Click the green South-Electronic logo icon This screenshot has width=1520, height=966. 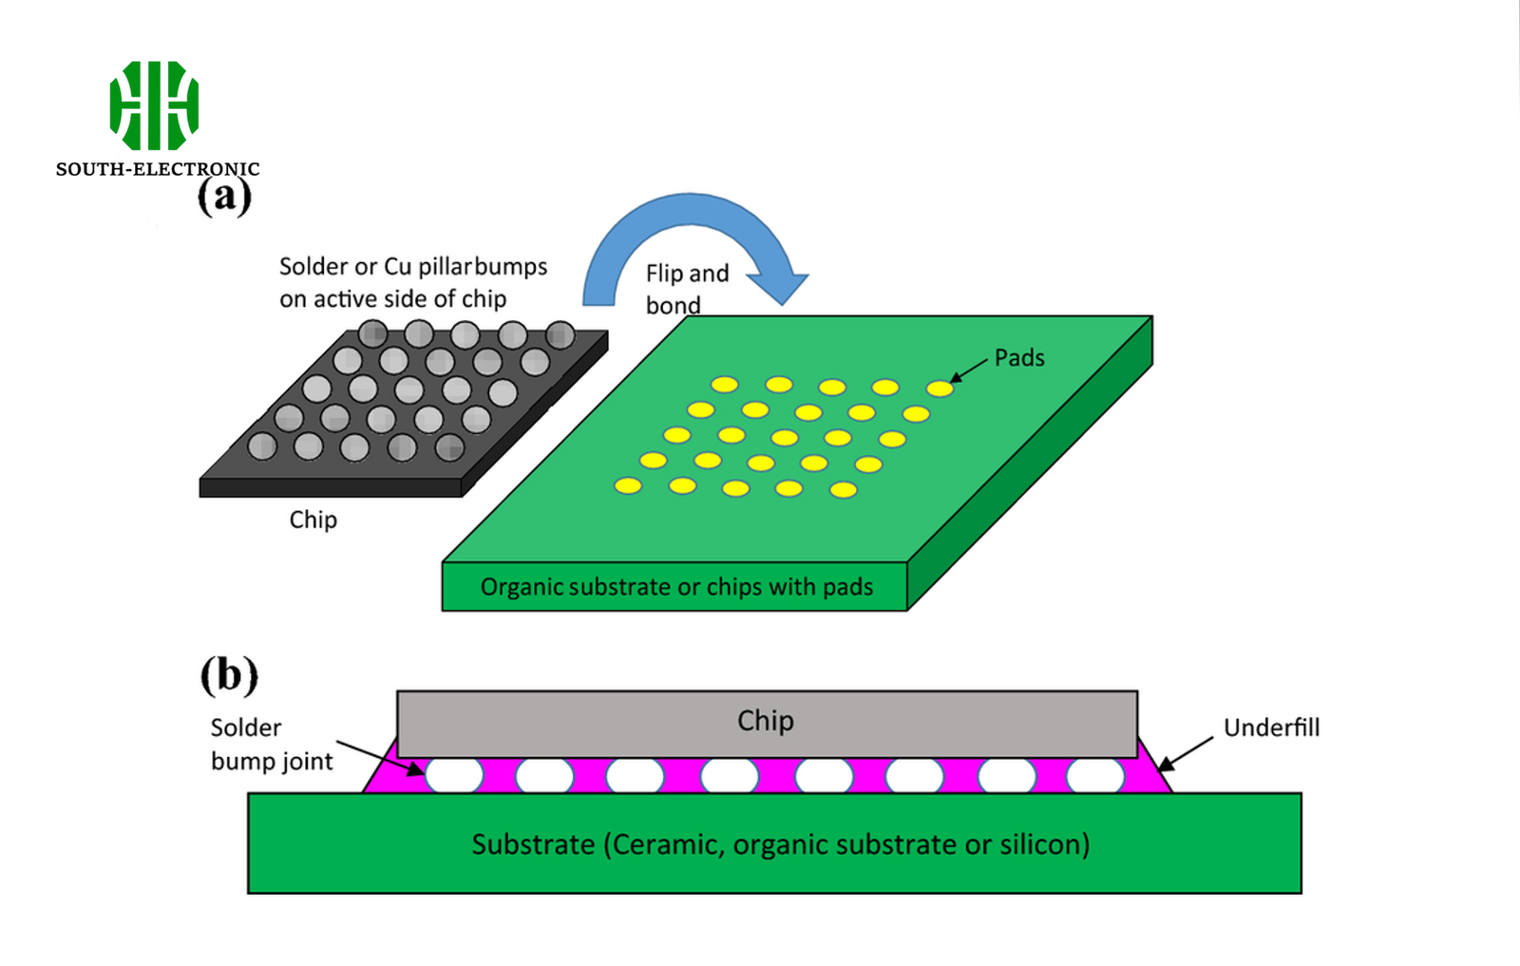pyautogui.click(x=154, y=105)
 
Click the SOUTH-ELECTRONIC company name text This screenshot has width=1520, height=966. pyautogui.click(x=157, y=169)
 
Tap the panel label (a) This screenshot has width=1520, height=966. pyautogui.click(x=224, y=197)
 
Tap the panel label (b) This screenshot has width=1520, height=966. pyautogui.click(x=229, y=674)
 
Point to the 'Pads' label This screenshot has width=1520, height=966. pyautogui.click(x=1019, y=358)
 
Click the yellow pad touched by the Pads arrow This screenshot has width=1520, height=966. pyautogui.click(x=940, y=388)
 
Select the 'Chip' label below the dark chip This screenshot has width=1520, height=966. pyautogui.click(x=313, y=520)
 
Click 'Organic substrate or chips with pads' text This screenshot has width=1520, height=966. pyautogui.click(x=676, y=587)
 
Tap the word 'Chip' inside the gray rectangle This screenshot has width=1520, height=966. pyautogui.click(x=766, y=721)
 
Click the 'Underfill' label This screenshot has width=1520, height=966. pyautogui.click(x=1271, y=728)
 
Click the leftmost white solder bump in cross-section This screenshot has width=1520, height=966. pyautogui.click(x=454, y=775)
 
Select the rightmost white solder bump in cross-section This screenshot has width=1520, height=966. pyautogui.click(x=1095, y=775)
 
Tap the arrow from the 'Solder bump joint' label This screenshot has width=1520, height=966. pyautogui.click(x=380, y=758)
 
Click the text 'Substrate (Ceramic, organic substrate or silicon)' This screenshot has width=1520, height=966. pyautogui.click(x=780, y=844)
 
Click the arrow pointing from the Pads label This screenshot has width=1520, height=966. pyautogui.click(x=969, y=371)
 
